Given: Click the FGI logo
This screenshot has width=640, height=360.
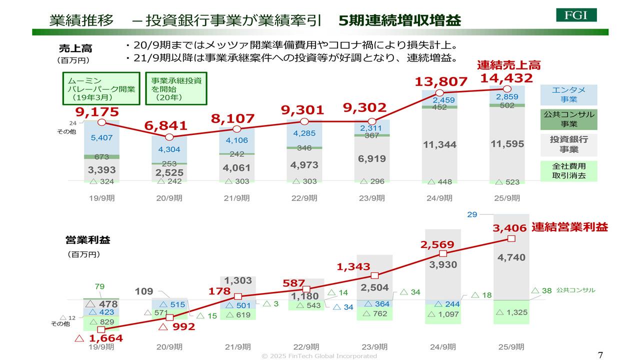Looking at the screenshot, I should coord(576,15).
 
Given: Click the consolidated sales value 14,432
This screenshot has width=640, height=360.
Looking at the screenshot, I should coord(506,78).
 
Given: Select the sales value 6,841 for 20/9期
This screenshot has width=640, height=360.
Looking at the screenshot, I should coord(166,126).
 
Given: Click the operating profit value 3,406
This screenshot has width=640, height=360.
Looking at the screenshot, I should coord(509,228).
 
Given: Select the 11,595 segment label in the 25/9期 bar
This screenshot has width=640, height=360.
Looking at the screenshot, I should coord(507,144).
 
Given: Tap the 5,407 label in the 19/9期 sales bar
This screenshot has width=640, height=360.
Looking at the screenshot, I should coord(102,137).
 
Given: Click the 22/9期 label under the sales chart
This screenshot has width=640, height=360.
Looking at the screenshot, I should coord(304,198).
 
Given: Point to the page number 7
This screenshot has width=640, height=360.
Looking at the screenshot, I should coord(600,354).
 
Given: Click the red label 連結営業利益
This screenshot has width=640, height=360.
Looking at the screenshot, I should coord(569,227).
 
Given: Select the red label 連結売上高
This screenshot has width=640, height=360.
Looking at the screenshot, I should coord(508,65).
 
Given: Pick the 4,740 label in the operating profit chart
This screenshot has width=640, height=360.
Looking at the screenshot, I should coord(511,257).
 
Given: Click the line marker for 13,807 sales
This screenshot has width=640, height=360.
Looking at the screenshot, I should coord(439,93).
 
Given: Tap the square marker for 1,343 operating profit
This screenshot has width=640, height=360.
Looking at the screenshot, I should coord(375,275).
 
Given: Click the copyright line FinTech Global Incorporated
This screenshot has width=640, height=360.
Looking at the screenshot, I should coord(319,356).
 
